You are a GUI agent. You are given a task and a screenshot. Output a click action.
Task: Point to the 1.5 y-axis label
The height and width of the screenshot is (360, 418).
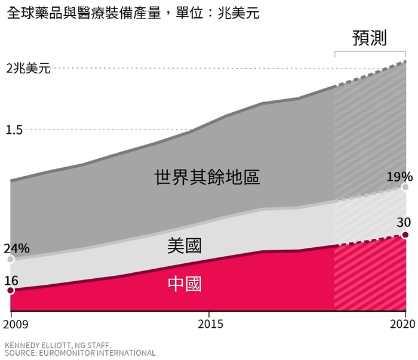coord(15,130)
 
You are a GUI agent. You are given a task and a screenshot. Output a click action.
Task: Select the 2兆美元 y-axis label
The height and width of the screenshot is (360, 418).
coord(29,68)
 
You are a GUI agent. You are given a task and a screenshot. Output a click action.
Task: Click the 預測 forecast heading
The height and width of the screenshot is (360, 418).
coord(370,39)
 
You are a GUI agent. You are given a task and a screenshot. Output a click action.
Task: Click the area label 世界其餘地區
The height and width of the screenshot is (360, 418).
coord(207,177)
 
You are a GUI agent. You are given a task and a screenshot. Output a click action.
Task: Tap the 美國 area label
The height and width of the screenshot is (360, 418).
coord(185,245)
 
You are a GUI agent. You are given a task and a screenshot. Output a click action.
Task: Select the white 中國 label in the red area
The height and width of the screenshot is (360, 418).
coord(185,284)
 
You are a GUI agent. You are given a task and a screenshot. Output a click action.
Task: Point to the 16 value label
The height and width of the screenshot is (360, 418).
coord(11,279)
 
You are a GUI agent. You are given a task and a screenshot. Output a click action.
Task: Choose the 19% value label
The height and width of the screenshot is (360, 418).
coord(399,177)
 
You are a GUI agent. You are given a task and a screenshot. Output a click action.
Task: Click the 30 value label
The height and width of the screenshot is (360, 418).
coord(404,223)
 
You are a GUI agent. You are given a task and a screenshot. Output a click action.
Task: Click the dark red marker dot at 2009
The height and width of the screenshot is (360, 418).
coord(10,291)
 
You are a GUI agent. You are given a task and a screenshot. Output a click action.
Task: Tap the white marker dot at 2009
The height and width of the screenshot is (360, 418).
coord(10,260)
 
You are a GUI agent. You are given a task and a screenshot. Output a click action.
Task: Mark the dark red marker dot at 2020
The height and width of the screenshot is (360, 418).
coord(405,235)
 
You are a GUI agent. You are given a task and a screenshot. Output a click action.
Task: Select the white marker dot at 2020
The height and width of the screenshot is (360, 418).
coord(405,187)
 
